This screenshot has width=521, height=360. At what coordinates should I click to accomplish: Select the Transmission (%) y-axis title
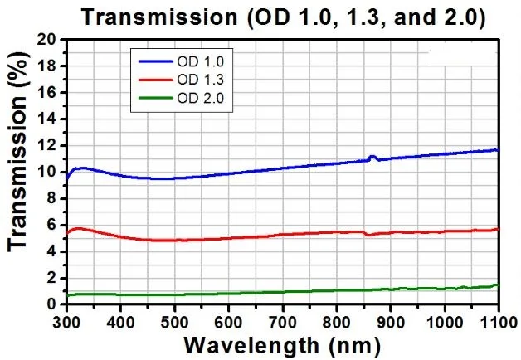click(18, 170)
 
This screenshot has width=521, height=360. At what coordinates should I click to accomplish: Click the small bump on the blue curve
click(372, 156)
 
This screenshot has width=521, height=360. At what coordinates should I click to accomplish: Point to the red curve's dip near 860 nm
click(368, 235)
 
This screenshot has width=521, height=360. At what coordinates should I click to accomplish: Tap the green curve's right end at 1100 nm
click(497, 285)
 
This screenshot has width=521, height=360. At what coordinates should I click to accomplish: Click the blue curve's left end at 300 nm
click(67, 178)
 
